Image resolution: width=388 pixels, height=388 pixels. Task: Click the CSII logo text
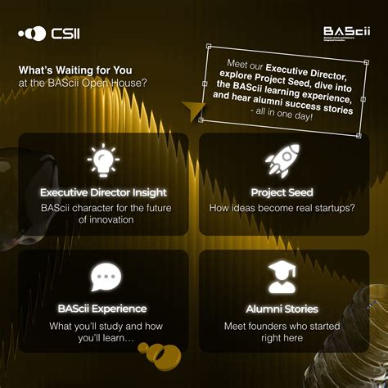(67, 35)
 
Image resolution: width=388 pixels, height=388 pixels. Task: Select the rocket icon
(282, 160)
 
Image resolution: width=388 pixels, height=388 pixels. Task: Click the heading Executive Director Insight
(104, 192)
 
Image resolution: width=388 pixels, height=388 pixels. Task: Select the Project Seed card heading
(282, 192)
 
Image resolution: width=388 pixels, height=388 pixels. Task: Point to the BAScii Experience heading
(102, 309)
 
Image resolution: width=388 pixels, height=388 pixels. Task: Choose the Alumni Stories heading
(282, 309)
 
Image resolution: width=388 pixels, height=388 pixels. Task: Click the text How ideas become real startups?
(282, 208)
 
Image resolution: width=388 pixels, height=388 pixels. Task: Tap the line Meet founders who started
(282, 325)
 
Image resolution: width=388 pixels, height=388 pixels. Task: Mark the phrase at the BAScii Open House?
(75, 83)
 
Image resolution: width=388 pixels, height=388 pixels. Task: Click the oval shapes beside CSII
(33, 35)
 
